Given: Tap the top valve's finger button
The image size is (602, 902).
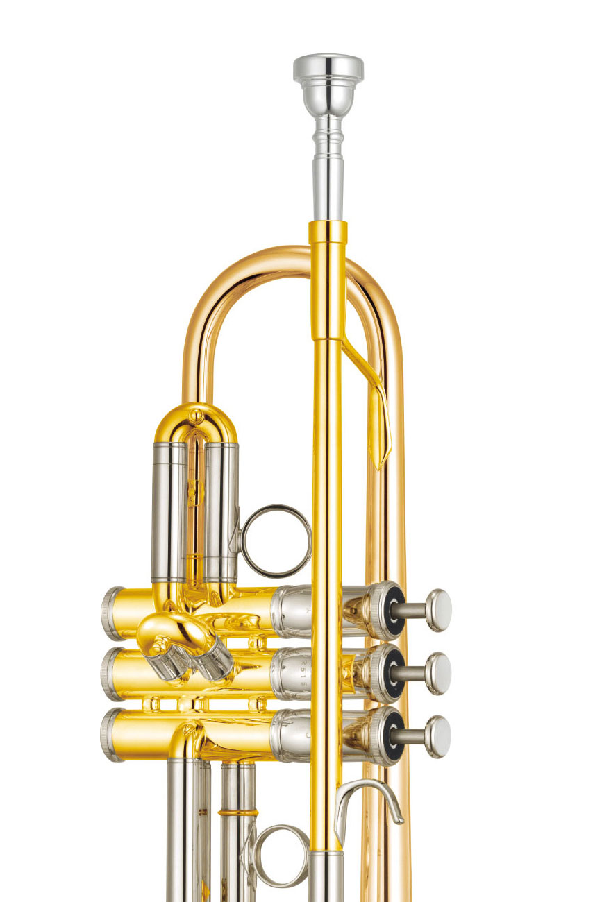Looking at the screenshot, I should tap(437, 610).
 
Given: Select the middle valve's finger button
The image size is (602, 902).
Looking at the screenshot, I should tap(437, 673).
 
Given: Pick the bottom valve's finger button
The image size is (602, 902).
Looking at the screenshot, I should tap(437, 736).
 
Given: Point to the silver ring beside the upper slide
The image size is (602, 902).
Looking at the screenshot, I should tap(276, 541).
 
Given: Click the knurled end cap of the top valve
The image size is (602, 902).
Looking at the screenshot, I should tap(112, 613).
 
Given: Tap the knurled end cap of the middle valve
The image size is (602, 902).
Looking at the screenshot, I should tap(112, 674).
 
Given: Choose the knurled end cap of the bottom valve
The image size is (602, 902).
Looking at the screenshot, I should tap(112, 735).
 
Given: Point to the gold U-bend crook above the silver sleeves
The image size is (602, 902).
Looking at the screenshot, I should tap(196, 420).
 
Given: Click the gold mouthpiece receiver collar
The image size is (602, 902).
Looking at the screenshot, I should tap(328, 232).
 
